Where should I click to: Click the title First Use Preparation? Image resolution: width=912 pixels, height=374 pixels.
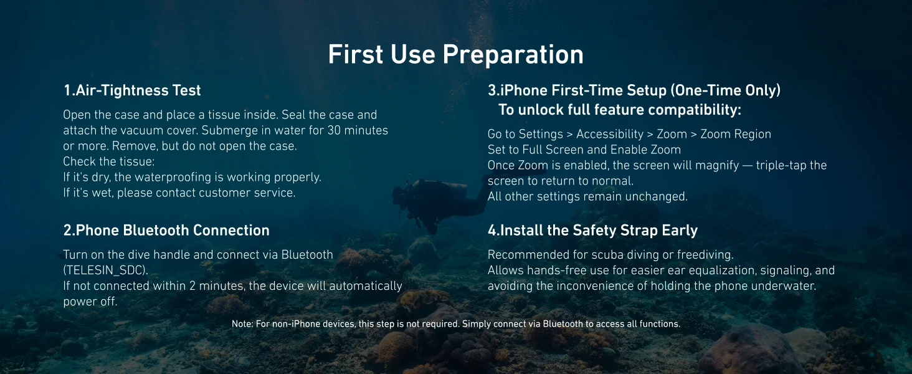(455, 55)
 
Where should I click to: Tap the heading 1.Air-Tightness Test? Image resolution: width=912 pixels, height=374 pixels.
(132, 90)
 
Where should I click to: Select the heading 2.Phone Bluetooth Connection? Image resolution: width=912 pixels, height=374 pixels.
(166, 230)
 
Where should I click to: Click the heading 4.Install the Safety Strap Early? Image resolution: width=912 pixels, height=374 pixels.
(593, 231)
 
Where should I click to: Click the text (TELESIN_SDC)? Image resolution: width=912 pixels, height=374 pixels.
(106, 271)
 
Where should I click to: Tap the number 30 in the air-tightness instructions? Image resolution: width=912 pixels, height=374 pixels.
(334, 130)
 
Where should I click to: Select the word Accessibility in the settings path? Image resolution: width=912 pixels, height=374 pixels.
(610, 135)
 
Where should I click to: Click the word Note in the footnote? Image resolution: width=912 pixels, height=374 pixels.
(242, 324)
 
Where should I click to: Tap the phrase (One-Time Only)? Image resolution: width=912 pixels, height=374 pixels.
(726, 90)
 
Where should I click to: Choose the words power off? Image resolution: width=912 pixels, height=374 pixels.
(90, 302)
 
